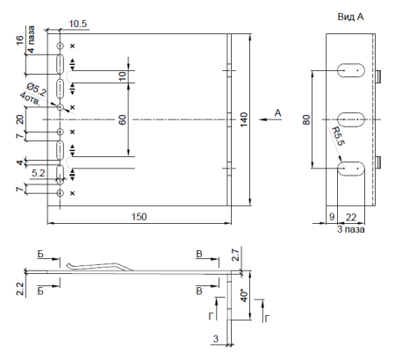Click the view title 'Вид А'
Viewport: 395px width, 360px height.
[350, 17]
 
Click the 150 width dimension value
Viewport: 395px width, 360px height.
[139, 217]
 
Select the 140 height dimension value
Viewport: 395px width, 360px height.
[243, 119]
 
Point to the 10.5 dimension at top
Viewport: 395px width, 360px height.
[78, 24]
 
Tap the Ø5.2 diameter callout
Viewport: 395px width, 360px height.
[36, 90]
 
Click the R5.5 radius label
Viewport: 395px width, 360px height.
[338, 136]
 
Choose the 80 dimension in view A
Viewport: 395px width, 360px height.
[306, 119]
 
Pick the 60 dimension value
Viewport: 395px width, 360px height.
[122, 119]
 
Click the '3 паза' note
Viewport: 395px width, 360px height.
[351, 229]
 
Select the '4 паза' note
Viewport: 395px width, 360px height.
[31, 40]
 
